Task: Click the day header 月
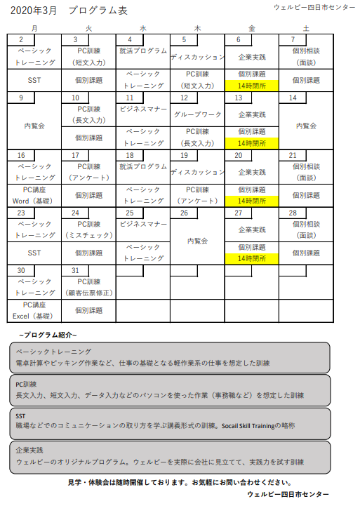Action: point(34,27)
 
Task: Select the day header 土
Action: point(306,27)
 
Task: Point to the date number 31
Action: point(75,270)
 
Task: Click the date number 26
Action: point(184,213)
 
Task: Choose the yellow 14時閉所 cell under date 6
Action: point(252,86)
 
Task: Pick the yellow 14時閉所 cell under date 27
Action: point(252,258)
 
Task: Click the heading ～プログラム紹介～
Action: point(48,334)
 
